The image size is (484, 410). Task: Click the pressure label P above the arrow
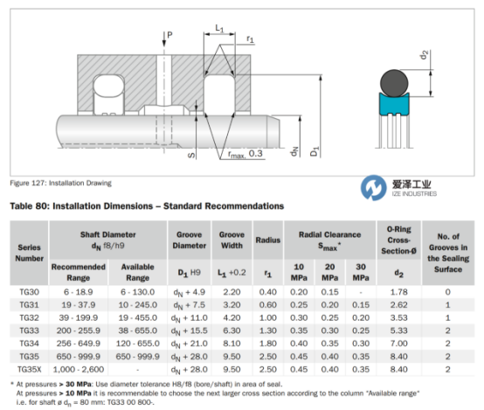[x=169, y=35]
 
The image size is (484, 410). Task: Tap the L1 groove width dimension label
[x=219, y=29]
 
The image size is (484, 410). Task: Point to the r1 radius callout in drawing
[x=250, y=39]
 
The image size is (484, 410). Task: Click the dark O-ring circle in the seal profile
[x=394, y=83]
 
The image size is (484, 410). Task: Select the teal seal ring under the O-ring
[x=394, y=104]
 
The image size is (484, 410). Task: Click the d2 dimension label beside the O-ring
[x=425, y=55]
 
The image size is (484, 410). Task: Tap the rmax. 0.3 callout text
[x=245, y=154]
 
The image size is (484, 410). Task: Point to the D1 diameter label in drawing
[x=315, y=151]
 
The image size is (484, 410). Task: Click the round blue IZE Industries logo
[x=374, y=188]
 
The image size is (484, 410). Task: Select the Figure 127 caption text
[x=61, y=183]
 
